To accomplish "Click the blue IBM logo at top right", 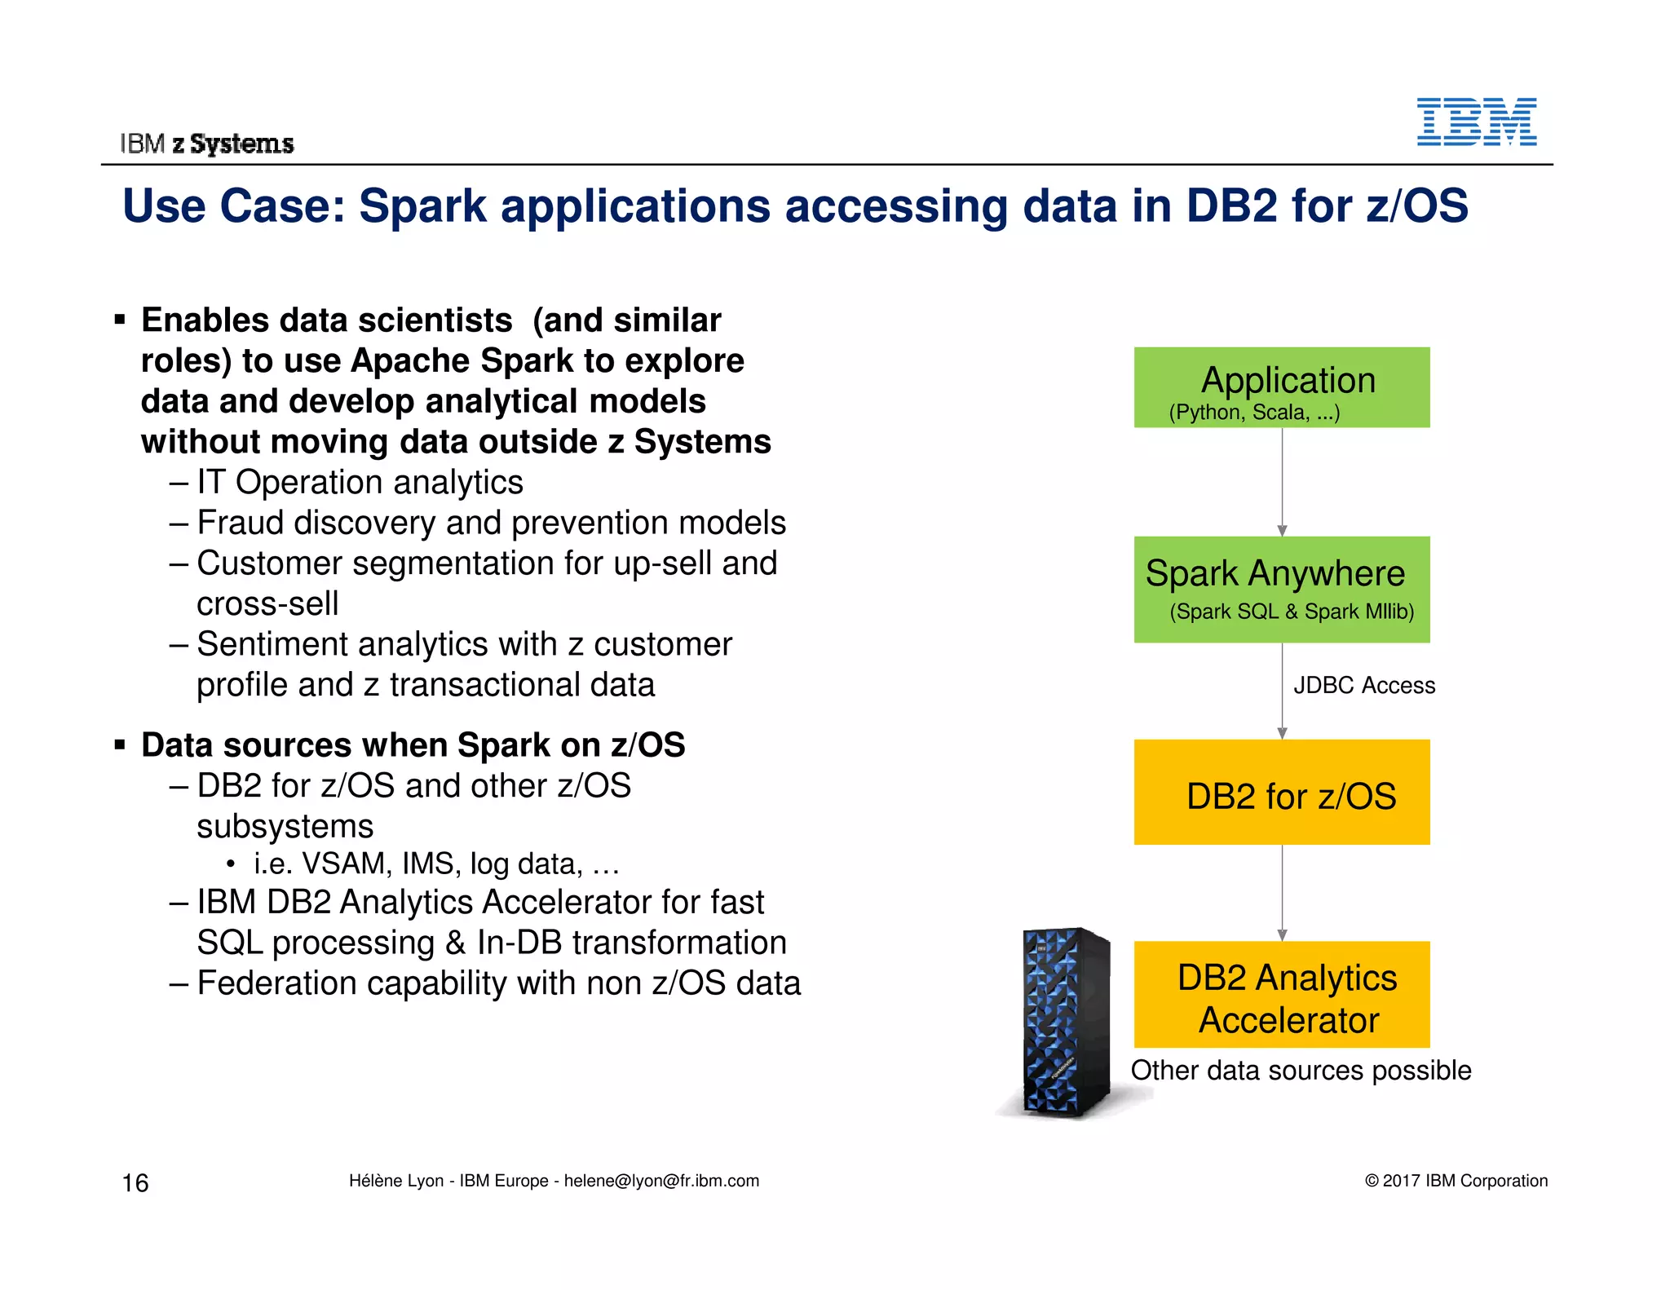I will [1476, 122].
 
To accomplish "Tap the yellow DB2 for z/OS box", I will [1281, 793].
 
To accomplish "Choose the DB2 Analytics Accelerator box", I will [1281, 995].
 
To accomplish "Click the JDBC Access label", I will [1363, 685].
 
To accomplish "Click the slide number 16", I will [135, 1182].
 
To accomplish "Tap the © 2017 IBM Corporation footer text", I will [1456, 1181].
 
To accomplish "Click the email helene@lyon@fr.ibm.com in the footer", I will [661, 1181].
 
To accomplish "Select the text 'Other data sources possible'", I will [1301, 1071].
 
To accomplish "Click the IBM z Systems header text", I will [207, 144].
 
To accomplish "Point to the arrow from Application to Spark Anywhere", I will [1282, 481].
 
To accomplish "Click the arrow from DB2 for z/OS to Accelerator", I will [1282, 893].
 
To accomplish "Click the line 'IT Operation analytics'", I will [359, 483].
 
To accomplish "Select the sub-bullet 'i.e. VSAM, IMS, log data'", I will [436, 864].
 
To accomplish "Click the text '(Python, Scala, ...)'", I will [1254, 413].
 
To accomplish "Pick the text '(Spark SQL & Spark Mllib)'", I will [1292, 612].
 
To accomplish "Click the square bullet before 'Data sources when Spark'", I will [121, 744].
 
